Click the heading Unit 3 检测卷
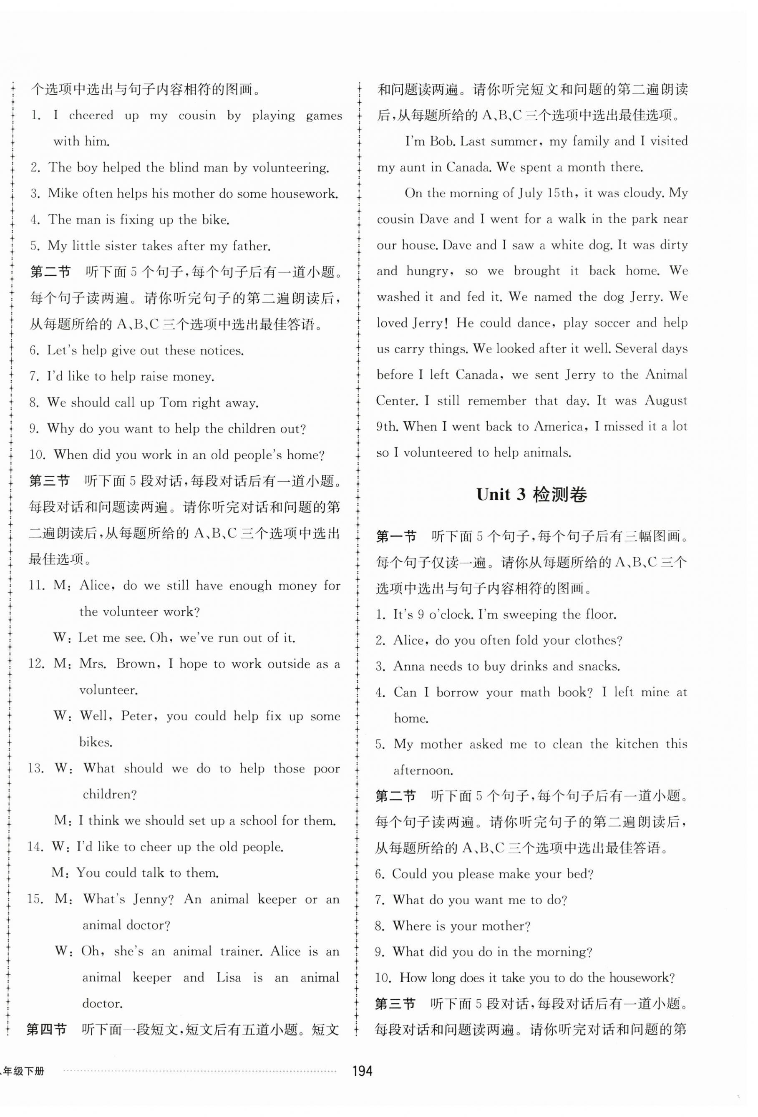click(x=531, y=495)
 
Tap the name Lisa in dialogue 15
click(x=228, y=977)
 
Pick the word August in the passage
click(x=666, y=400)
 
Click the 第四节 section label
click(x=46, y=1029)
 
